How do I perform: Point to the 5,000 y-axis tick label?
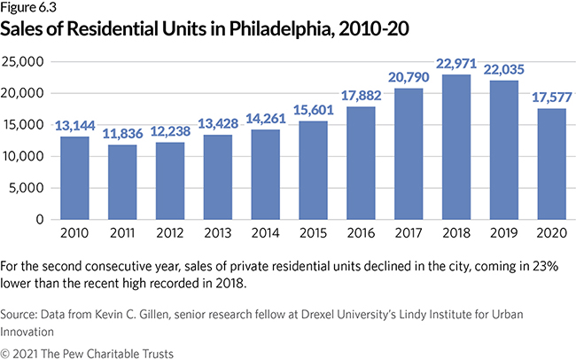click(30, 188)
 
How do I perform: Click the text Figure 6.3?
click(29, 8)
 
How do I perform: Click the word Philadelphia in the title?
click(289, 27)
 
